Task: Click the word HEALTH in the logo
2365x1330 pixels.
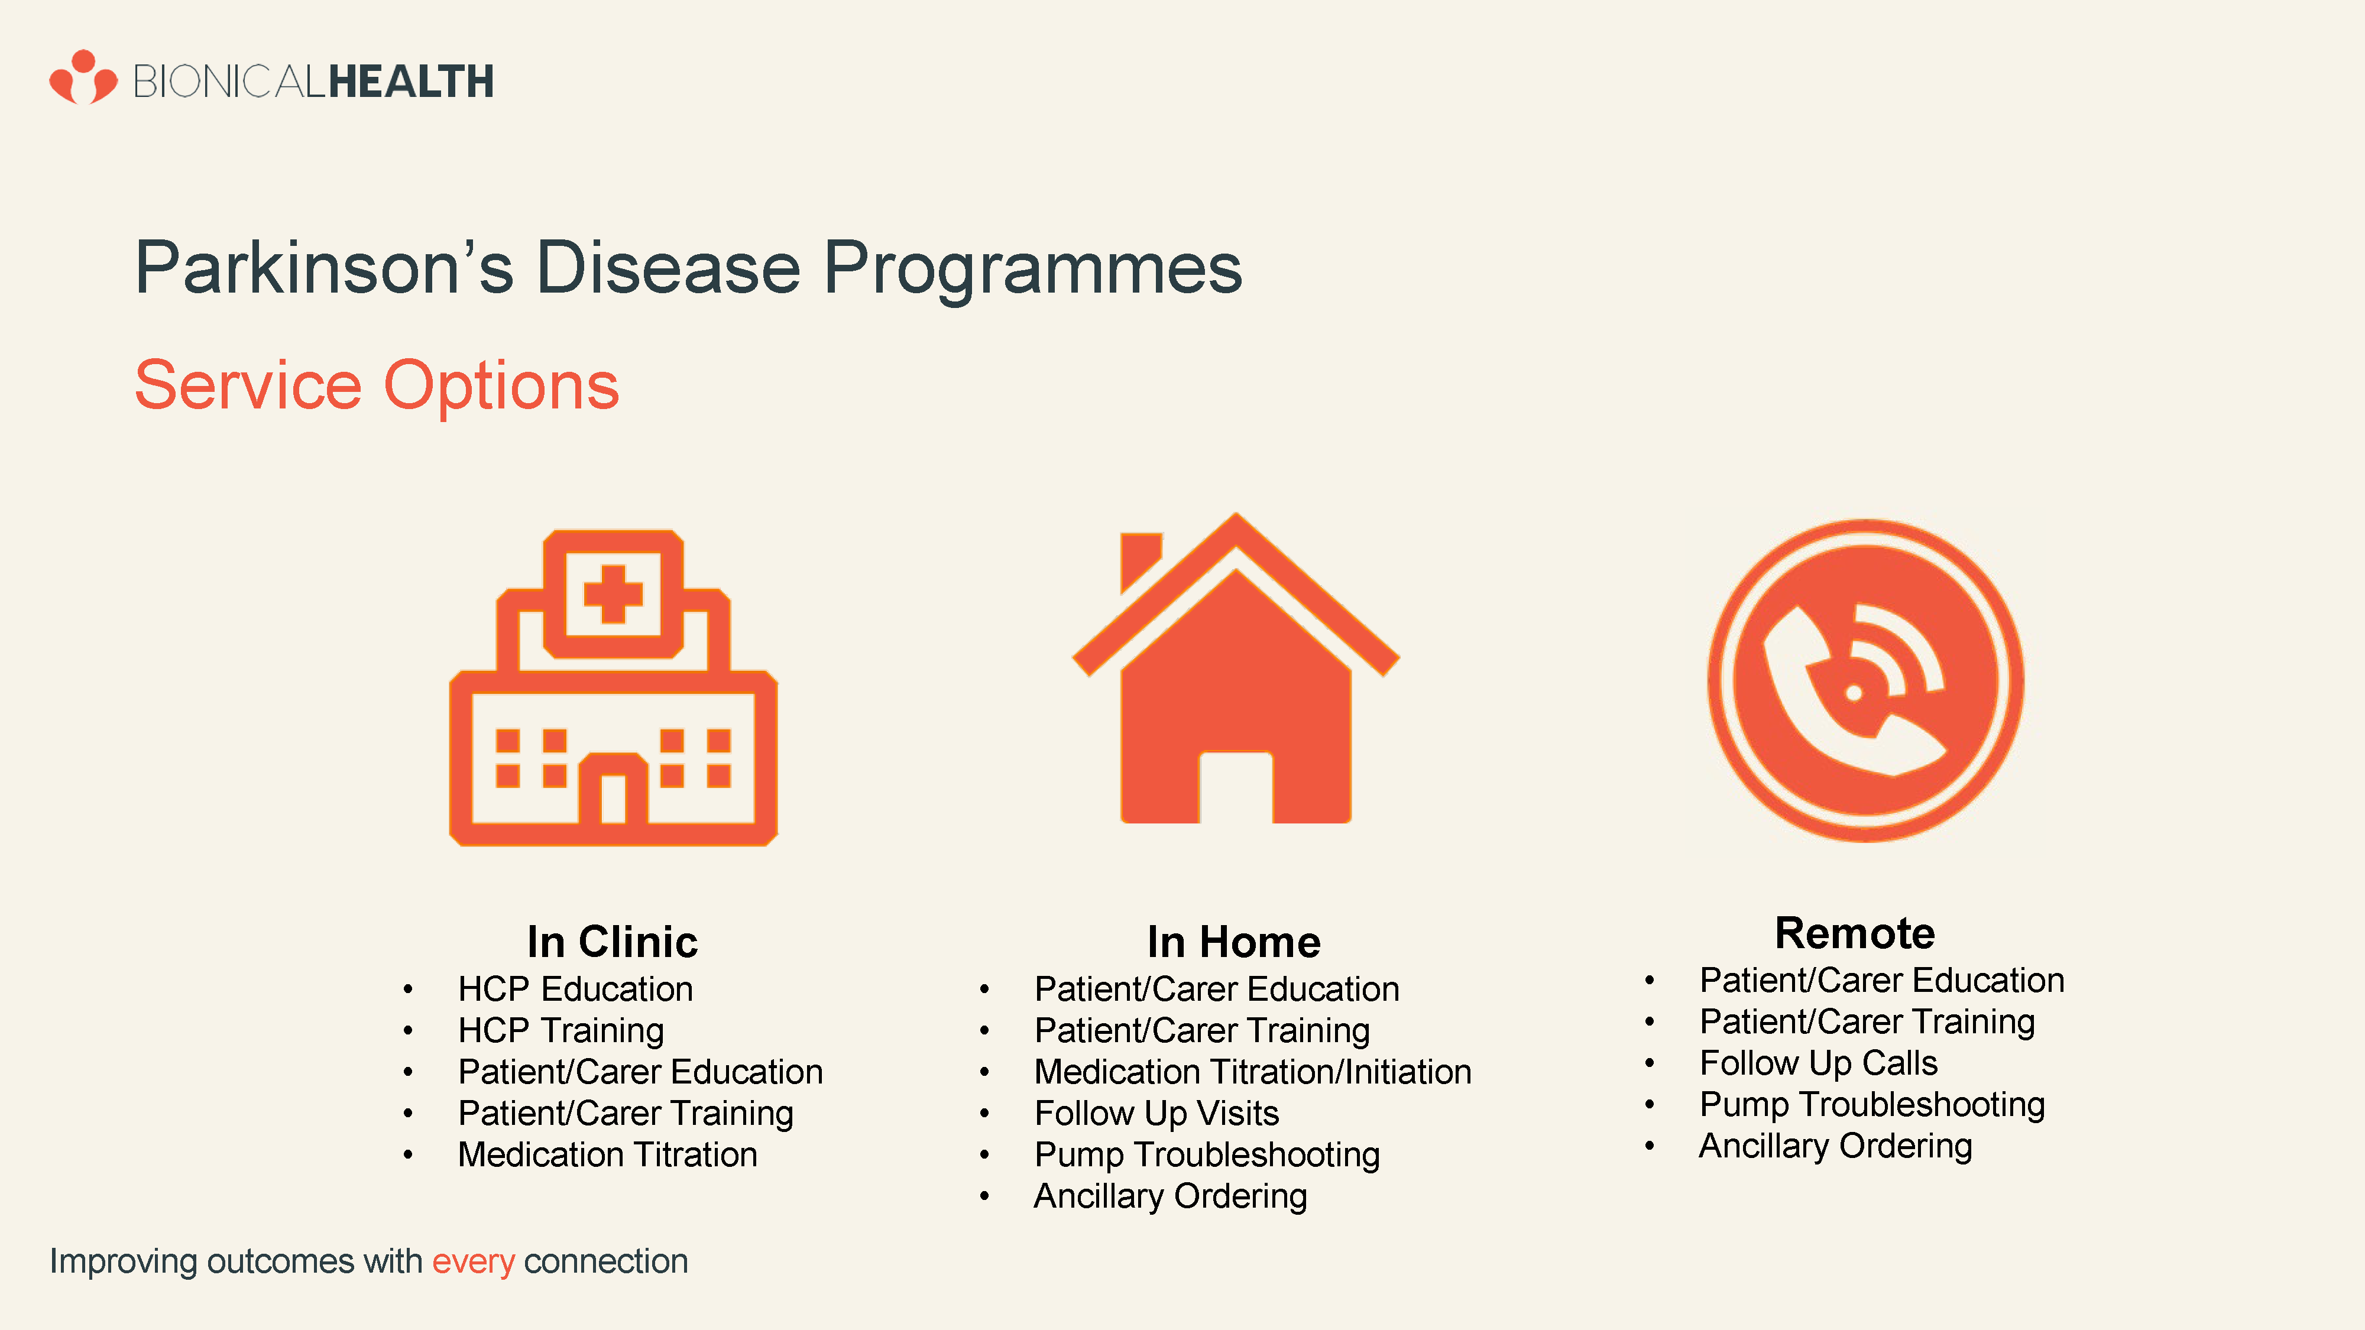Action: pyautogui.click(x=412, y=82)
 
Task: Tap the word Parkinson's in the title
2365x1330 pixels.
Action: pyautogui.click(x=325, y=268)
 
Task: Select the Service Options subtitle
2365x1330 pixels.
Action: pyautogui.click(x=377, y=385)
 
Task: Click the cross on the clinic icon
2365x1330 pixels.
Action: pyautogui.click(x=613, y=594)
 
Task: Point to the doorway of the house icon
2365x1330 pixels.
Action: pyautogui.click(x=1236, y=787)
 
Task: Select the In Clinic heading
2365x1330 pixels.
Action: pyautogui.click(x=613, y=942)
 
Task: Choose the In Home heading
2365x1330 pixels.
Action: pyautogui.click(x=1234, y=942)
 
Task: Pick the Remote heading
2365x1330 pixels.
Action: pyautogui.click(x=1855, y=933)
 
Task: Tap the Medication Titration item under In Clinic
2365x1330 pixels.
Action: pyautogui.click(x=608, y=1154)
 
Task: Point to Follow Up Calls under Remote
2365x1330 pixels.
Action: pyautogui.click(x=1819, y=1063)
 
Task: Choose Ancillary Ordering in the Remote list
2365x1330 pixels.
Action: pyautogui.click(x=1836, y=1146)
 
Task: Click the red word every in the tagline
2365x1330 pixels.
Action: pyautogui.click(x=474, y=1262)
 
